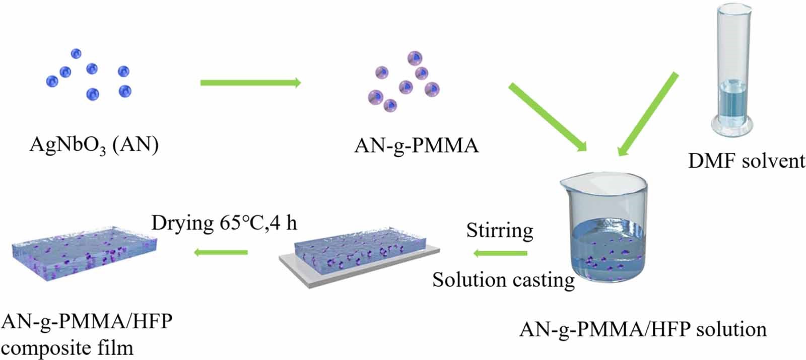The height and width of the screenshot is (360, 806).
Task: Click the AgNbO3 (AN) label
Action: coord(94,145)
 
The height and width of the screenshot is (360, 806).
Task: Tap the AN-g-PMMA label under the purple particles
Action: coord(416,146)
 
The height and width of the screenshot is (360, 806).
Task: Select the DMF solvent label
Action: coord(747,161)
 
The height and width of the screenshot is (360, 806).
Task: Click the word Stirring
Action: coord(499,230)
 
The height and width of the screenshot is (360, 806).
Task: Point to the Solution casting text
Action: coord(503,279)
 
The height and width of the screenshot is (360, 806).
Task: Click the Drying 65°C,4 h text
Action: coord(224,222)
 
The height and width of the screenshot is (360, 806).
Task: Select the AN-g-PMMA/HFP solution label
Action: coord(643,329)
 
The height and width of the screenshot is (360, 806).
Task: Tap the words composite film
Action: coord(68,347)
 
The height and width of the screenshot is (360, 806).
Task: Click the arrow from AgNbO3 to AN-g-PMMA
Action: coord(250,83)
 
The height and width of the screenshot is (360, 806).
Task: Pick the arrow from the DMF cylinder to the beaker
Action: coord(648,113)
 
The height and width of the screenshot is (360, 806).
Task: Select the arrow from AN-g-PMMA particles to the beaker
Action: coord(548,117)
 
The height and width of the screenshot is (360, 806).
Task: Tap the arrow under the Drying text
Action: coord(221,252)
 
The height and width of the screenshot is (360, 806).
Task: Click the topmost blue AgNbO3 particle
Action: coord(76,53)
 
